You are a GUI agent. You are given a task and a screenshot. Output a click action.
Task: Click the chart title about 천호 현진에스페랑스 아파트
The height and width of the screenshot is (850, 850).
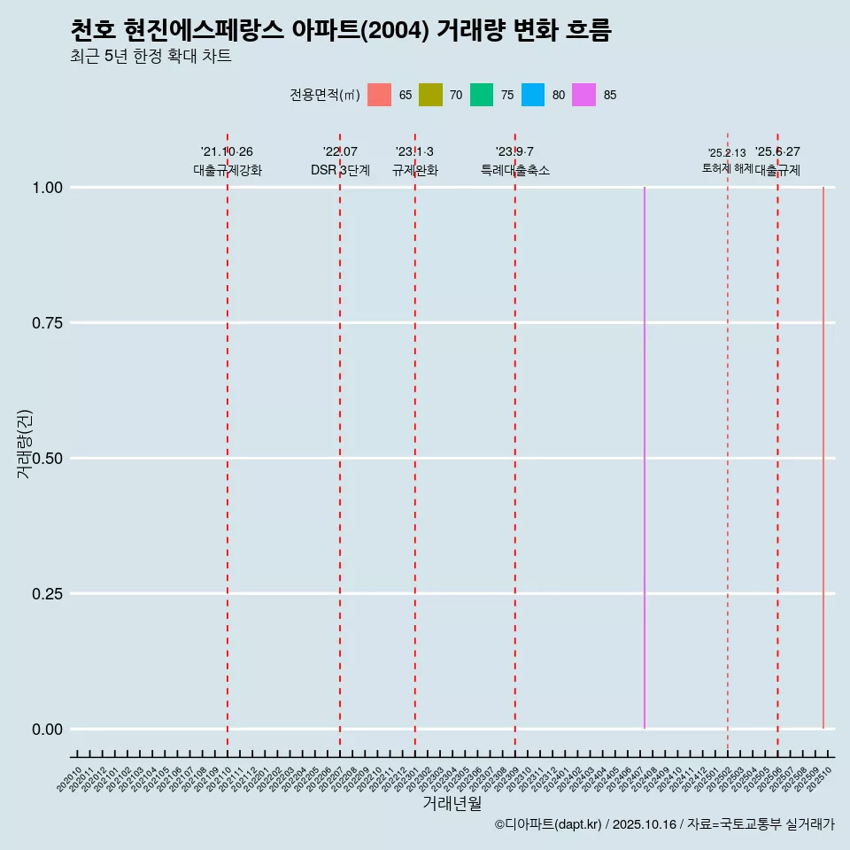tap(340, 30)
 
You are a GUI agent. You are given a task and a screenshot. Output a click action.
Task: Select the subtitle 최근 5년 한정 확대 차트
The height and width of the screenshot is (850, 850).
tap(151, 57)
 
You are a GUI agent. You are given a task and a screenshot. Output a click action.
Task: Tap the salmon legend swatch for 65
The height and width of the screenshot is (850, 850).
tap(379, 95)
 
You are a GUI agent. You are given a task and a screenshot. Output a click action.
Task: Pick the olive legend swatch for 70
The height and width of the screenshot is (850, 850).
tap(430, 95)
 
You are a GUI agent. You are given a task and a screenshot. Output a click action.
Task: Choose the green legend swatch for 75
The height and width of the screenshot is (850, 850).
tap(482, 95)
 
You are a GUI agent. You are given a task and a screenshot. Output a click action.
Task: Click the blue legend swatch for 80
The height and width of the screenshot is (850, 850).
tap(533, 95)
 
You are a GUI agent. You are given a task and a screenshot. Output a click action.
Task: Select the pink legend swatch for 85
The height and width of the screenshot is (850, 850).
tap(584, 95)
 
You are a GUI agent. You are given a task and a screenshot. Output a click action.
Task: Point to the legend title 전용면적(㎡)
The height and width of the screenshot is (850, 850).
tap(324, 95)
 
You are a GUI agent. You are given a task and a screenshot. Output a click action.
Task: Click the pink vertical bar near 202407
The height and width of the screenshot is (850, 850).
tap(645, 458)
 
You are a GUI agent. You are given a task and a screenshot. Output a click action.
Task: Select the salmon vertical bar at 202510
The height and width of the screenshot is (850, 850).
tap(823, 458)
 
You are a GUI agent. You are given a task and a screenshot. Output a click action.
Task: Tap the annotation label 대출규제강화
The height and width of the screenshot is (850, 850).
tap(228, 170)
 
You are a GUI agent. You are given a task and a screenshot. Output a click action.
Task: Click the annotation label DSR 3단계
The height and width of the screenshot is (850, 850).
tap(340, 170)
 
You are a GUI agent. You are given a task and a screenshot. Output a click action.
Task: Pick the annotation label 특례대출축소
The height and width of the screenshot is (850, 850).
tap(515, 170)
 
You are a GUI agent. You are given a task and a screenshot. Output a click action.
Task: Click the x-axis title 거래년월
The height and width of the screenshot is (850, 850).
tap(452, 803)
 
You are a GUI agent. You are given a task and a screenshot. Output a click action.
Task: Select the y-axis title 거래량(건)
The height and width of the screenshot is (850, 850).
tap(25, 444)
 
